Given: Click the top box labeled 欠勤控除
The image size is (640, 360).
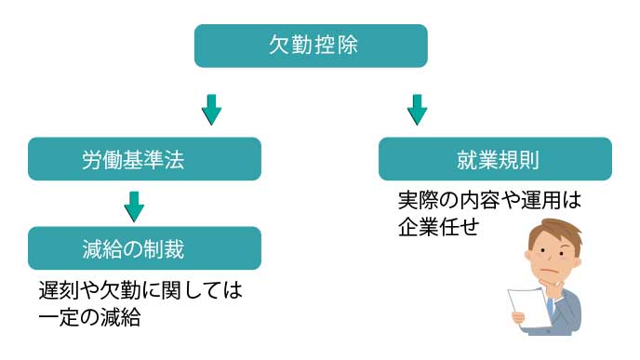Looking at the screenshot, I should (x=310, y=46).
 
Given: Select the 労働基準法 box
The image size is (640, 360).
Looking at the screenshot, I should (x=143, y=159).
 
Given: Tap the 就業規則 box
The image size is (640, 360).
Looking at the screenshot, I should (x=495, y=159).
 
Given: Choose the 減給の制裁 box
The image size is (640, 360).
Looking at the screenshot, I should (x=143, y=248).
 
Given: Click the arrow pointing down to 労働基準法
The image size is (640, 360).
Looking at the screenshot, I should (x=212, y=109).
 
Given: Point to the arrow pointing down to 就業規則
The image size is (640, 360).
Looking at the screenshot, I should (x=417, y=109).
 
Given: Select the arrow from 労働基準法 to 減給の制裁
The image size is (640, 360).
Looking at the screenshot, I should (x=135, y=206).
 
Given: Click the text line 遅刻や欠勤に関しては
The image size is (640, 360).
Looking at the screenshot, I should (x=140, y=291).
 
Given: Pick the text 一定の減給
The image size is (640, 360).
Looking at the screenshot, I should (x=89, y=316).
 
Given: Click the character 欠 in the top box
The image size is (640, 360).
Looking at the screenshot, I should (x=277, y=46).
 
